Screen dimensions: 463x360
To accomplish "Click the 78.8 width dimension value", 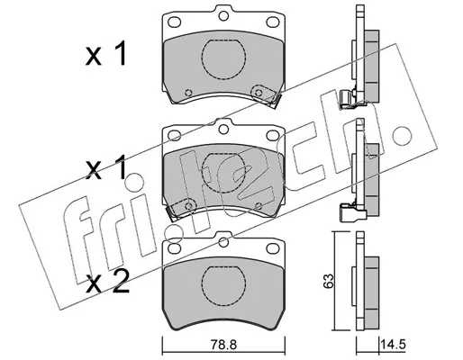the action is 223,345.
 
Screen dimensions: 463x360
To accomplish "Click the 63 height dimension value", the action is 330,281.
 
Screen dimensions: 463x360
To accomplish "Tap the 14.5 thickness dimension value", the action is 393,344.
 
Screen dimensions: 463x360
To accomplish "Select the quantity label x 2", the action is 107,282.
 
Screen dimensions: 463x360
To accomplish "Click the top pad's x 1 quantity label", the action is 105,54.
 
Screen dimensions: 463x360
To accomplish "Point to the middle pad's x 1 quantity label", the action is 105,168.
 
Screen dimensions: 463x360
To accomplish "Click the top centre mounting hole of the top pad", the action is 223,15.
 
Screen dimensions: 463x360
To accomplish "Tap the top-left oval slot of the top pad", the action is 174,22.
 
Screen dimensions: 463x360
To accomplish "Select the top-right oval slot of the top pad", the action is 273,22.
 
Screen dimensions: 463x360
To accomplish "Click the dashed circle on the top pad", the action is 224,59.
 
